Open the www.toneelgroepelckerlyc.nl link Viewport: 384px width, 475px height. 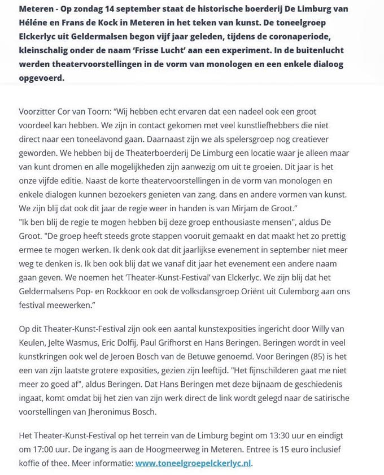pos(193,463)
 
